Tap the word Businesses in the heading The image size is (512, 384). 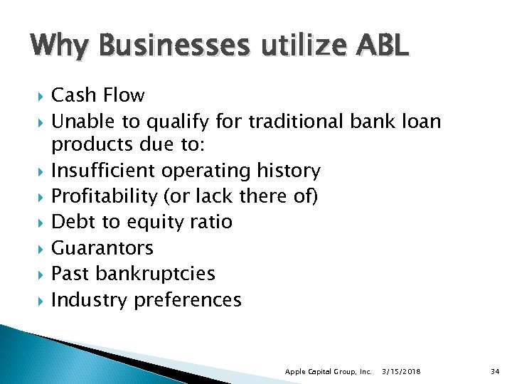176,46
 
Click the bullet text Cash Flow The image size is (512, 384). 97,96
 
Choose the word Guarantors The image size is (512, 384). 102,248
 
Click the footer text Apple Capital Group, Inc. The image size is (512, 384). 328,371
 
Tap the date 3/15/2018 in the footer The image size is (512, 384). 402,371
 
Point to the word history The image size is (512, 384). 287,171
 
